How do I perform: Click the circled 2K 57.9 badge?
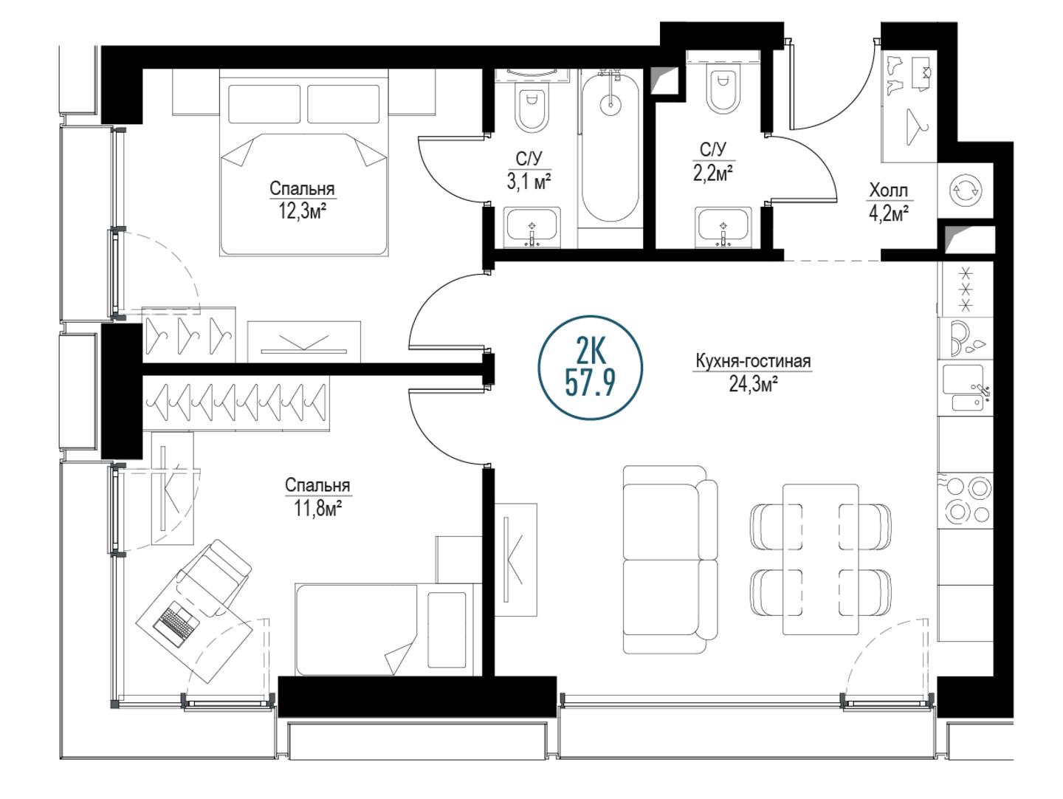[590, 368]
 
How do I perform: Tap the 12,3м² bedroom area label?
[302, 212]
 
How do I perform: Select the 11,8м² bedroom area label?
[318, 509]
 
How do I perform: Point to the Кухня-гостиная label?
[753, 361]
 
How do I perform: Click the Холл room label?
[888, 191]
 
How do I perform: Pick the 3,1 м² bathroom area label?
[529, 182]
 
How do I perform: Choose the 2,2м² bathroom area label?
[712, 173]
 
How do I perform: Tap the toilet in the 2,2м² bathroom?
[723, 89]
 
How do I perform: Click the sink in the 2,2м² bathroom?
[723, 227]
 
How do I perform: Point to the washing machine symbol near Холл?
[965, 191]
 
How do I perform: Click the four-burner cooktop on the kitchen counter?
[965, 500]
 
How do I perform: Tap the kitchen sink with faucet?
[965, 388]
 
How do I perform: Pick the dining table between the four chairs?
[821, 559]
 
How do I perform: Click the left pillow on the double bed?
[264, 104]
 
